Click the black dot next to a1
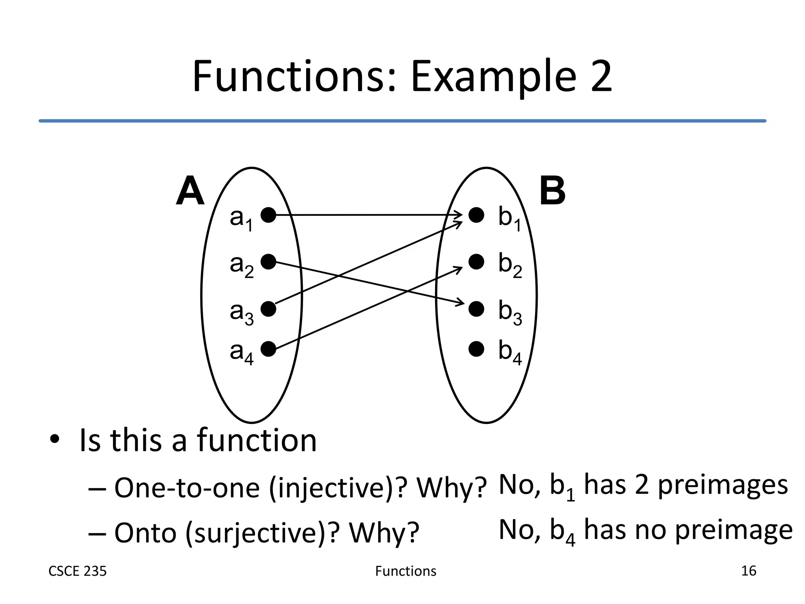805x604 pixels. tap(268, 215)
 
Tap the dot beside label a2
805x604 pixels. tap(268, 262)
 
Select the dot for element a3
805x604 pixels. tap(268, 309)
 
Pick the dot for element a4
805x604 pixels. tap(268, 349)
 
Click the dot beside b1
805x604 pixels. tap(476, 215)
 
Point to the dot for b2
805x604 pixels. tap(476, 262)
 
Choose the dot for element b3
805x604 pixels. tap(476, 309)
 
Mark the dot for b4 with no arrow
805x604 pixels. tap(476, 349)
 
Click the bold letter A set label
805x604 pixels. tap(190, 191)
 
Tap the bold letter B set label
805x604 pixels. tap(552, 191)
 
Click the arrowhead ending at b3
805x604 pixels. tap(461, 303)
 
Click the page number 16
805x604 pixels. tap(748, 571)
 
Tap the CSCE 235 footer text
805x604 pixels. tap(77, 571)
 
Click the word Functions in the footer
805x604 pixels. tap(406, 571)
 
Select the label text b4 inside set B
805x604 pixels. tap(509, 352)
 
